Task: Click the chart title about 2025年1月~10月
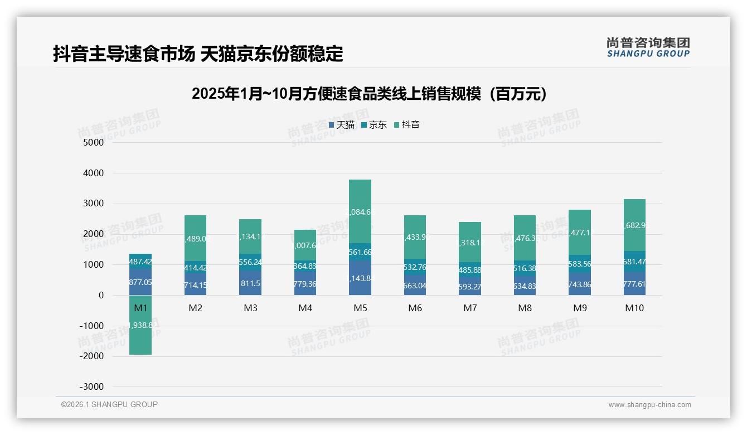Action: tap(368, 94)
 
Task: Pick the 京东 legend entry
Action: tap(374, 125)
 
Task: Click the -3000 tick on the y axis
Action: tap(91, 387)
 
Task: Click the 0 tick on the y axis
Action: tap(101, 296)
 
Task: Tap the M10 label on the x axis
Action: tap(634, 308)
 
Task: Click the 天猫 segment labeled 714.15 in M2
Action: tap(195, 285)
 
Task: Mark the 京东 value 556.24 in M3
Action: tap(250, 262)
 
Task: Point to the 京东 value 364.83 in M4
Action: tap(305, 266)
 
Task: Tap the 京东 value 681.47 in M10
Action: tap(634, 262)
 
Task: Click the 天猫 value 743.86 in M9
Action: tap(580, 284)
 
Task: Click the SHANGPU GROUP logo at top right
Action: tap(648, 47)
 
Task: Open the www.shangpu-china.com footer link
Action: tap(649, 405)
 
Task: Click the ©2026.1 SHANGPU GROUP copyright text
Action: tap(109, 404)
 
